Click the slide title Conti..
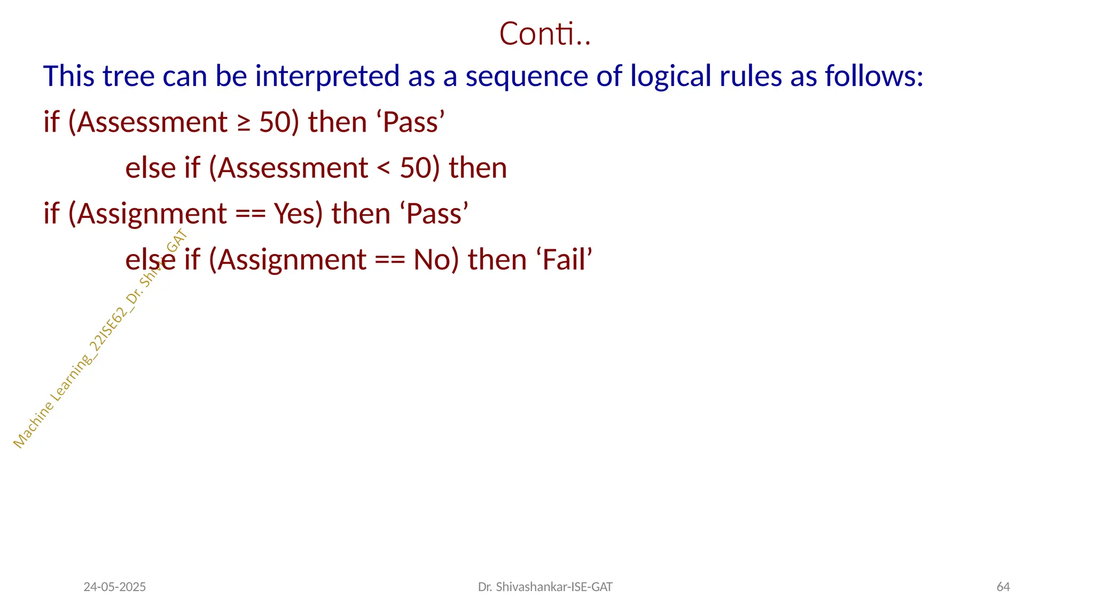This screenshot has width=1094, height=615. point(544,34)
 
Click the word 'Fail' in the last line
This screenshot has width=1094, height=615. point(564,260)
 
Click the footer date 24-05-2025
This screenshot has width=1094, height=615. point(114,587)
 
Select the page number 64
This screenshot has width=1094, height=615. point(1003,587)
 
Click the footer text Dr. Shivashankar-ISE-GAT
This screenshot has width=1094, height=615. point(545,587)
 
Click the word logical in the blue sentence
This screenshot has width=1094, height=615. point(670,76)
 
